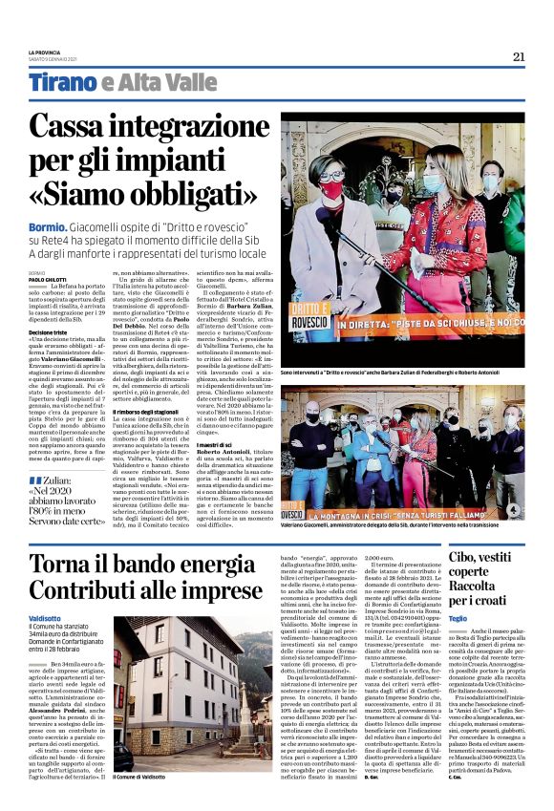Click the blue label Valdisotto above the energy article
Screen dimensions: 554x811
[x=45, y=619]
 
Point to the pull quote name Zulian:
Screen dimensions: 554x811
[x=63, y=479]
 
